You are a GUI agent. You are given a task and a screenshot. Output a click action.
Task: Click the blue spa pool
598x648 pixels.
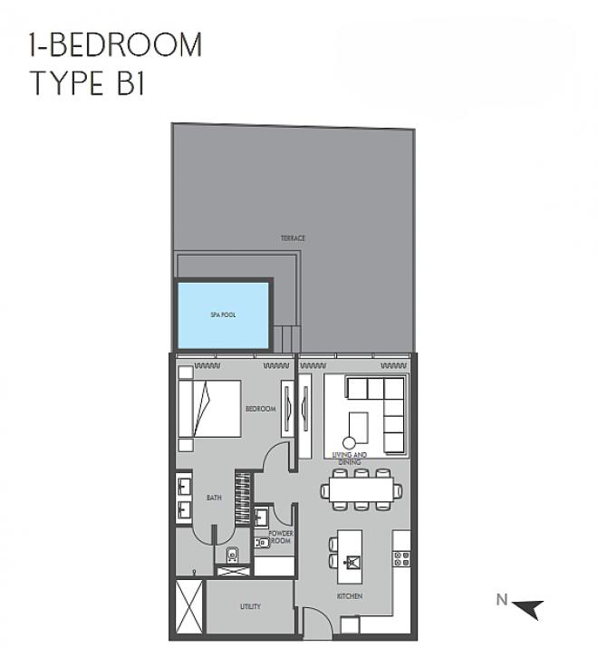223,315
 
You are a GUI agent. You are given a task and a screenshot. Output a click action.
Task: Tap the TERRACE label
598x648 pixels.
293,238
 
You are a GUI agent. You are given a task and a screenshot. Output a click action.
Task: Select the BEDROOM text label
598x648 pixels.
261,409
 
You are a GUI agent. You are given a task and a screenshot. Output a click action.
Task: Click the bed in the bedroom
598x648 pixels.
209,409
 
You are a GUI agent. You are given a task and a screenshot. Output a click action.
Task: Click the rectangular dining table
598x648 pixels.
362,489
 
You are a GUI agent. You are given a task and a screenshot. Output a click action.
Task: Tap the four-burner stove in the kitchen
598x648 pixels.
401,559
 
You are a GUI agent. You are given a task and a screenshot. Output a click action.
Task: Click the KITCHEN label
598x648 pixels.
350,596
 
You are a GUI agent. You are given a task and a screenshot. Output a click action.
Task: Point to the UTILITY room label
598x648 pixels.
250,606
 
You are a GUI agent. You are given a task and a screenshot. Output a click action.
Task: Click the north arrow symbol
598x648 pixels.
528,609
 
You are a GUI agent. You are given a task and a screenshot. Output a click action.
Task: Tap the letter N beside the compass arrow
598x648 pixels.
502,599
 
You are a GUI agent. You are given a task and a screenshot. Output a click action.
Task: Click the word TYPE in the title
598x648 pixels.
66,83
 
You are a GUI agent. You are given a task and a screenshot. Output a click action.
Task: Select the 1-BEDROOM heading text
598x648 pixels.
115,44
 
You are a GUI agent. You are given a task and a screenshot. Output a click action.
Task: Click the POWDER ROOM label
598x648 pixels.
281,537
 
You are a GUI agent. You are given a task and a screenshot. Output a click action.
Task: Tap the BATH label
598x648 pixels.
214,498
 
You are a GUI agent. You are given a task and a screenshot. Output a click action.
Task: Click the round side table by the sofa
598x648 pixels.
349,443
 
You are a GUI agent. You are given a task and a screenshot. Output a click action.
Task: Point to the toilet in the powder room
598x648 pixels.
262,542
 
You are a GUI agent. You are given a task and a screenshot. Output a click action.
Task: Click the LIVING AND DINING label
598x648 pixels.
350,459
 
